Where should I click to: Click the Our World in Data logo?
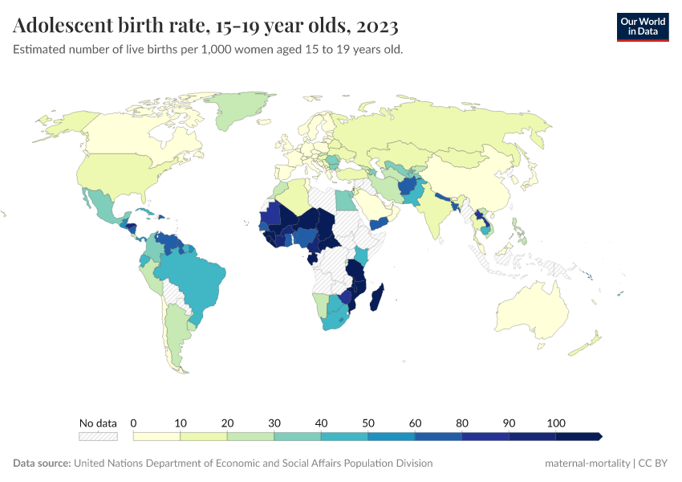point(642,27)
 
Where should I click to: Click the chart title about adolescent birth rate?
point(205,27)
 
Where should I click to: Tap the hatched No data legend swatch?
point(98,436)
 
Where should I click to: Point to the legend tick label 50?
point(368,423)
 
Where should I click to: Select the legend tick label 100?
point(556,423)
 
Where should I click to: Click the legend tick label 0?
point(133,423)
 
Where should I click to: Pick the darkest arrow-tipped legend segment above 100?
point(578,436)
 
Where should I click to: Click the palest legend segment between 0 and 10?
point(156,436)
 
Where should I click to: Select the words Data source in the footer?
point(42,464)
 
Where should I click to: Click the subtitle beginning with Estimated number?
point(208,50)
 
